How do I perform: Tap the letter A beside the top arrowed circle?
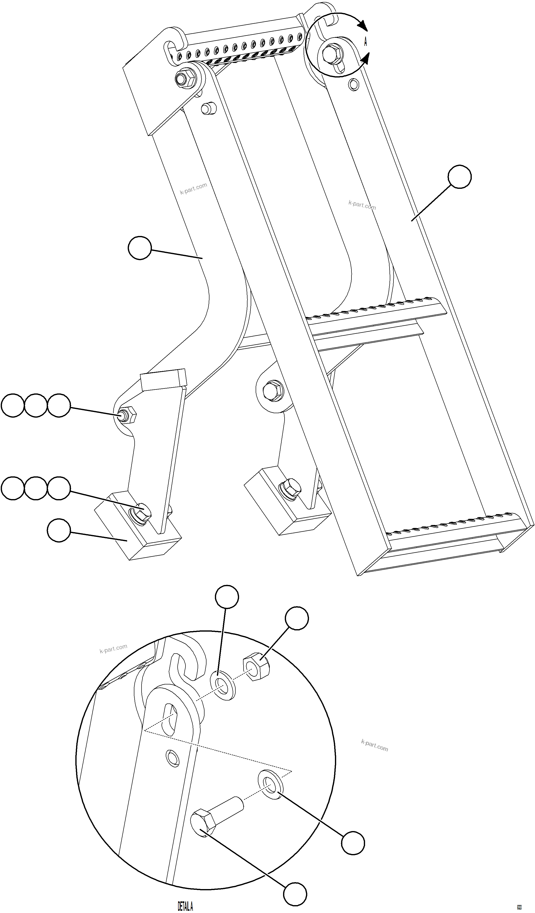[365, 42]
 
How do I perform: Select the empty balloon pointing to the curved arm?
[140, 248]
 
